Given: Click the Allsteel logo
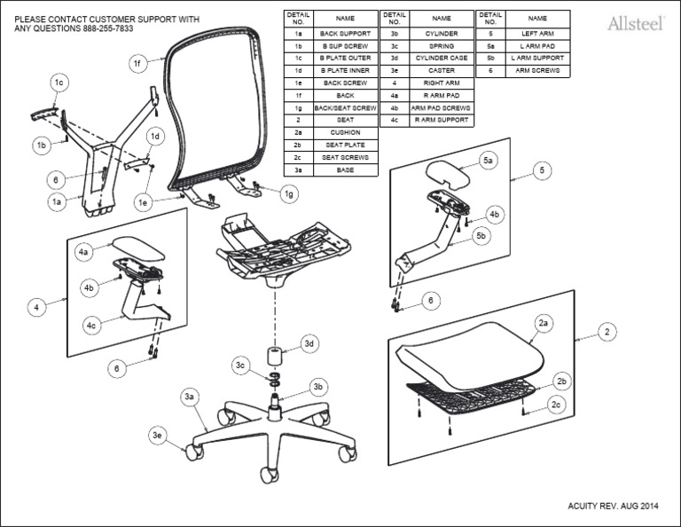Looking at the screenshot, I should click(x=637, y=23).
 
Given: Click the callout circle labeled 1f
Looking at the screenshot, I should click(x=137, y=63).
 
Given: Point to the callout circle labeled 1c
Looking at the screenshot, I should click(x=59, y=83).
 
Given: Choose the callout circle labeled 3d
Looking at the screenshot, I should click(x=309, y=343).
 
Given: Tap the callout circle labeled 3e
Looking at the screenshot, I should click(x=158, y=435).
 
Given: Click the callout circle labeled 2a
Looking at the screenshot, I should click(x=544, y=325).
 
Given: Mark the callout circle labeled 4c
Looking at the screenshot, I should click(x=91, y=326).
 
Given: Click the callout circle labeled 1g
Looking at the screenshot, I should click(x=289, y=193).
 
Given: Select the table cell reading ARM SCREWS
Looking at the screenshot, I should click(x=537, y=70).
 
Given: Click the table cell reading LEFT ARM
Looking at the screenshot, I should click(x=537, y=33).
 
